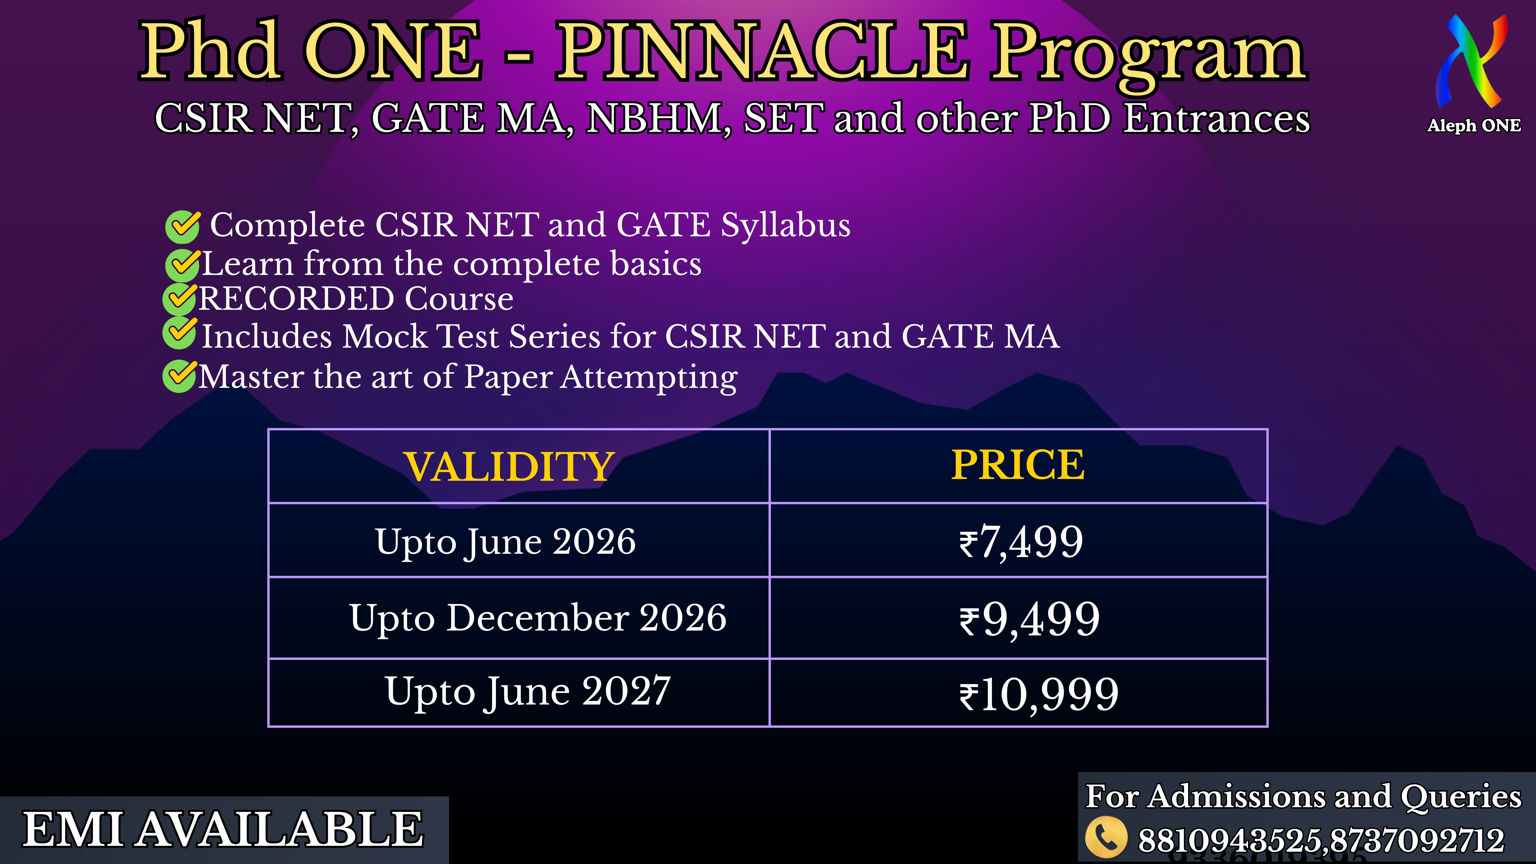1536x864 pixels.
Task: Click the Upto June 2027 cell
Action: pos(528,692)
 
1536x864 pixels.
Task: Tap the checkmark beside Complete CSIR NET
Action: pos(183,227)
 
